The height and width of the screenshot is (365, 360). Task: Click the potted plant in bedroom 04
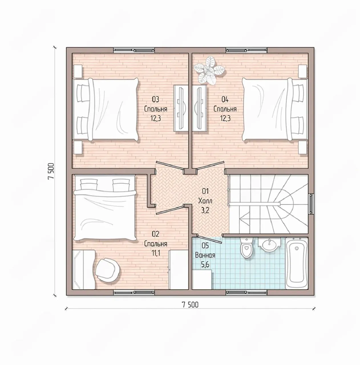(x=209, y=70)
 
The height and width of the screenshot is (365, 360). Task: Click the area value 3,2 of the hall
(x=205, y=210)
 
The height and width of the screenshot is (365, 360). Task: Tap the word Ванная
(x=205, y=255)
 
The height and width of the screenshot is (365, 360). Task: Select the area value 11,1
(x=155, y=253)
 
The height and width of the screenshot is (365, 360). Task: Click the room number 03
(x=155, y=100)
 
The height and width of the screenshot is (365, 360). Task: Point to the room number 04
(x=225, y=100)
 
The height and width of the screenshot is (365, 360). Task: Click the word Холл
(x=205, y=201)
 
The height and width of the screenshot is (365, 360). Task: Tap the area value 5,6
(x=205, y=265)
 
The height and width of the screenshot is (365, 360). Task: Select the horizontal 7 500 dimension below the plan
(x=190, y=305)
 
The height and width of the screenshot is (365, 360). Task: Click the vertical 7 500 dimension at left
(x=51, y=171)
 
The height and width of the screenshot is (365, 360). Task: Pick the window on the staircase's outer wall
(x=311, y=204)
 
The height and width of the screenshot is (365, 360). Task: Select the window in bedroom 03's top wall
(x=134, y=50)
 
